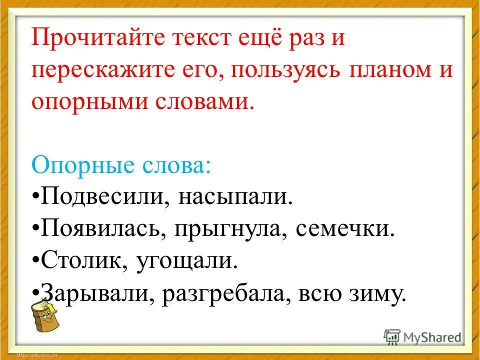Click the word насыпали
(233, 197)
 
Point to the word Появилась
(102, 230)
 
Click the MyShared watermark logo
(422, 336)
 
